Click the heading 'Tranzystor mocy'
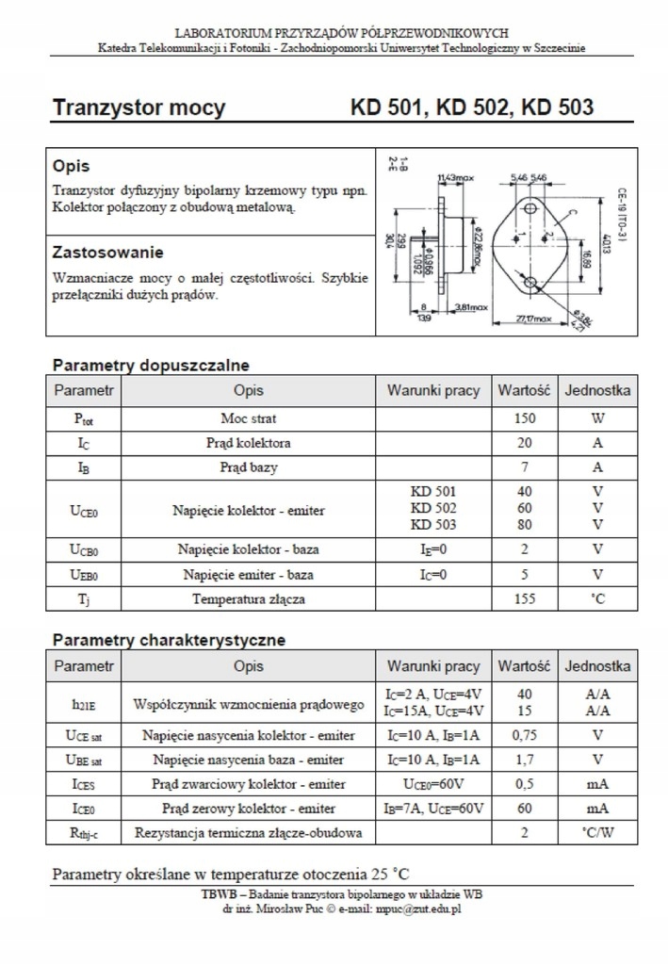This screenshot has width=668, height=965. [138, 108]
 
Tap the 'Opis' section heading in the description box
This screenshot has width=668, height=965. [72, 166]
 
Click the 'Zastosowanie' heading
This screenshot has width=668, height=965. [107, 253]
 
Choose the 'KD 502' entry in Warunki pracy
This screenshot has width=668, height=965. [433, 509]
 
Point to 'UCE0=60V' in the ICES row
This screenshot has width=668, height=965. [433, 784]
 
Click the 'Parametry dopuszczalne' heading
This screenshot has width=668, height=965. [151, 365]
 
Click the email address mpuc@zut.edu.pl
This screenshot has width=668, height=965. [417, 909]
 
